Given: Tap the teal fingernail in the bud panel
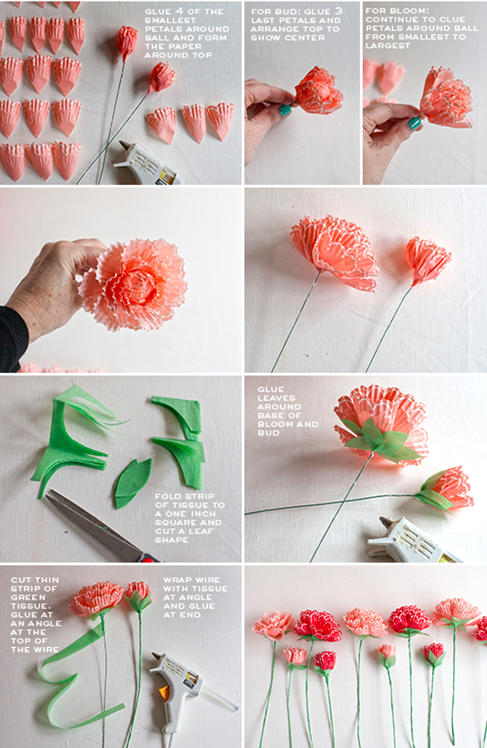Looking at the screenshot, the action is click(x=285, y=111).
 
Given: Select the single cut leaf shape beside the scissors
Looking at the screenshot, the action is click(x=131, y=483).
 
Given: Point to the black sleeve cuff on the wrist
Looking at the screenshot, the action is click(x=12, y=339).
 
